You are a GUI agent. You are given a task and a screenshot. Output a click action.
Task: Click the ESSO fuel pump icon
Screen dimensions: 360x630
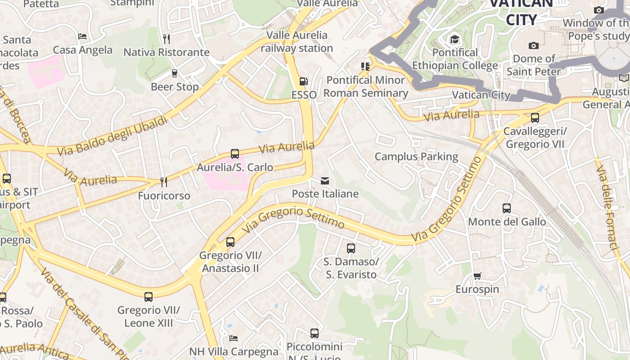click(304, 81)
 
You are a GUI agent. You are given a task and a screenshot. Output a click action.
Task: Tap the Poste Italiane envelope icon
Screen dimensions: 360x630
click(324, 181)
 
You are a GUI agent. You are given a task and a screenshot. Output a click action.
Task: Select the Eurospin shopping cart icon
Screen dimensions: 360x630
click(477, 276)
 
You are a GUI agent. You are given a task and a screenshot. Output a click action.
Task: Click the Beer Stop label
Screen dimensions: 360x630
click(175, 86)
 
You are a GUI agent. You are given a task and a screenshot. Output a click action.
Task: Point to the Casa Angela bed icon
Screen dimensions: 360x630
click(82, 36)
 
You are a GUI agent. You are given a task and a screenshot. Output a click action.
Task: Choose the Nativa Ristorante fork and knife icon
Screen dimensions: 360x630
click(166, 39)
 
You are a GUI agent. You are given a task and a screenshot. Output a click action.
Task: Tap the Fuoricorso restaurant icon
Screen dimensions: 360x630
click(164, 182)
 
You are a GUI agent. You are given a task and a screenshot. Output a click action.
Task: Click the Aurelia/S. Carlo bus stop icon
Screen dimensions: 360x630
click(234, 154)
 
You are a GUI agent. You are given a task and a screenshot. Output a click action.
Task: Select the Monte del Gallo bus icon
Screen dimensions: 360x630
click(506, 208)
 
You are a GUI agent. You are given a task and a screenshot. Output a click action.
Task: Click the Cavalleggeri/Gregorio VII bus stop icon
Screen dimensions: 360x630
click(535, 118)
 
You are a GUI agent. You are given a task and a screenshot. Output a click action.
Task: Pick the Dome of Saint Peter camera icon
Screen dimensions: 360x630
click(534, 45)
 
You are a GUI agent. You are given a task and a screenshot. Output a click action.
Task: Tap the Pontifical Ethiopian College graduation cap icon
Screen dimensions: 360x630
click(454, 40)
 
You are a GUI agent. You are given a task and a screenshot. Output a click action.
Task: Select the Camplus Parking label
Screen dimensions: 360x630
click(416, 157)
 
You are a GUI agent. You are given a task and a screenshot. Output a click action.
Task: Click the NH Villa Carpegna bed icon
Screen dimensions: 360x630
click(233, 338)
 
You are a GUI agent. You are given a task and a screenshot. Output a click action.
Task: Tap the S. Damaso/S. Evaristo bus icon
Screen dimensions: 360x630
click(351, 248)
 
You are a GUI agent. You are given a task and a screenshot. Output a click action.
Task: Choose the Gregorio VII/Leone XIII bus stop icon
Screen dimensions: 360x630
click(148, 297)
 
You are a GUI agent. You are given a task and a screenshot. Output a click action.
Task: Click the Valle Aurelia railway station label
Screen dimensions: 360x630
click(297, 41)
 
